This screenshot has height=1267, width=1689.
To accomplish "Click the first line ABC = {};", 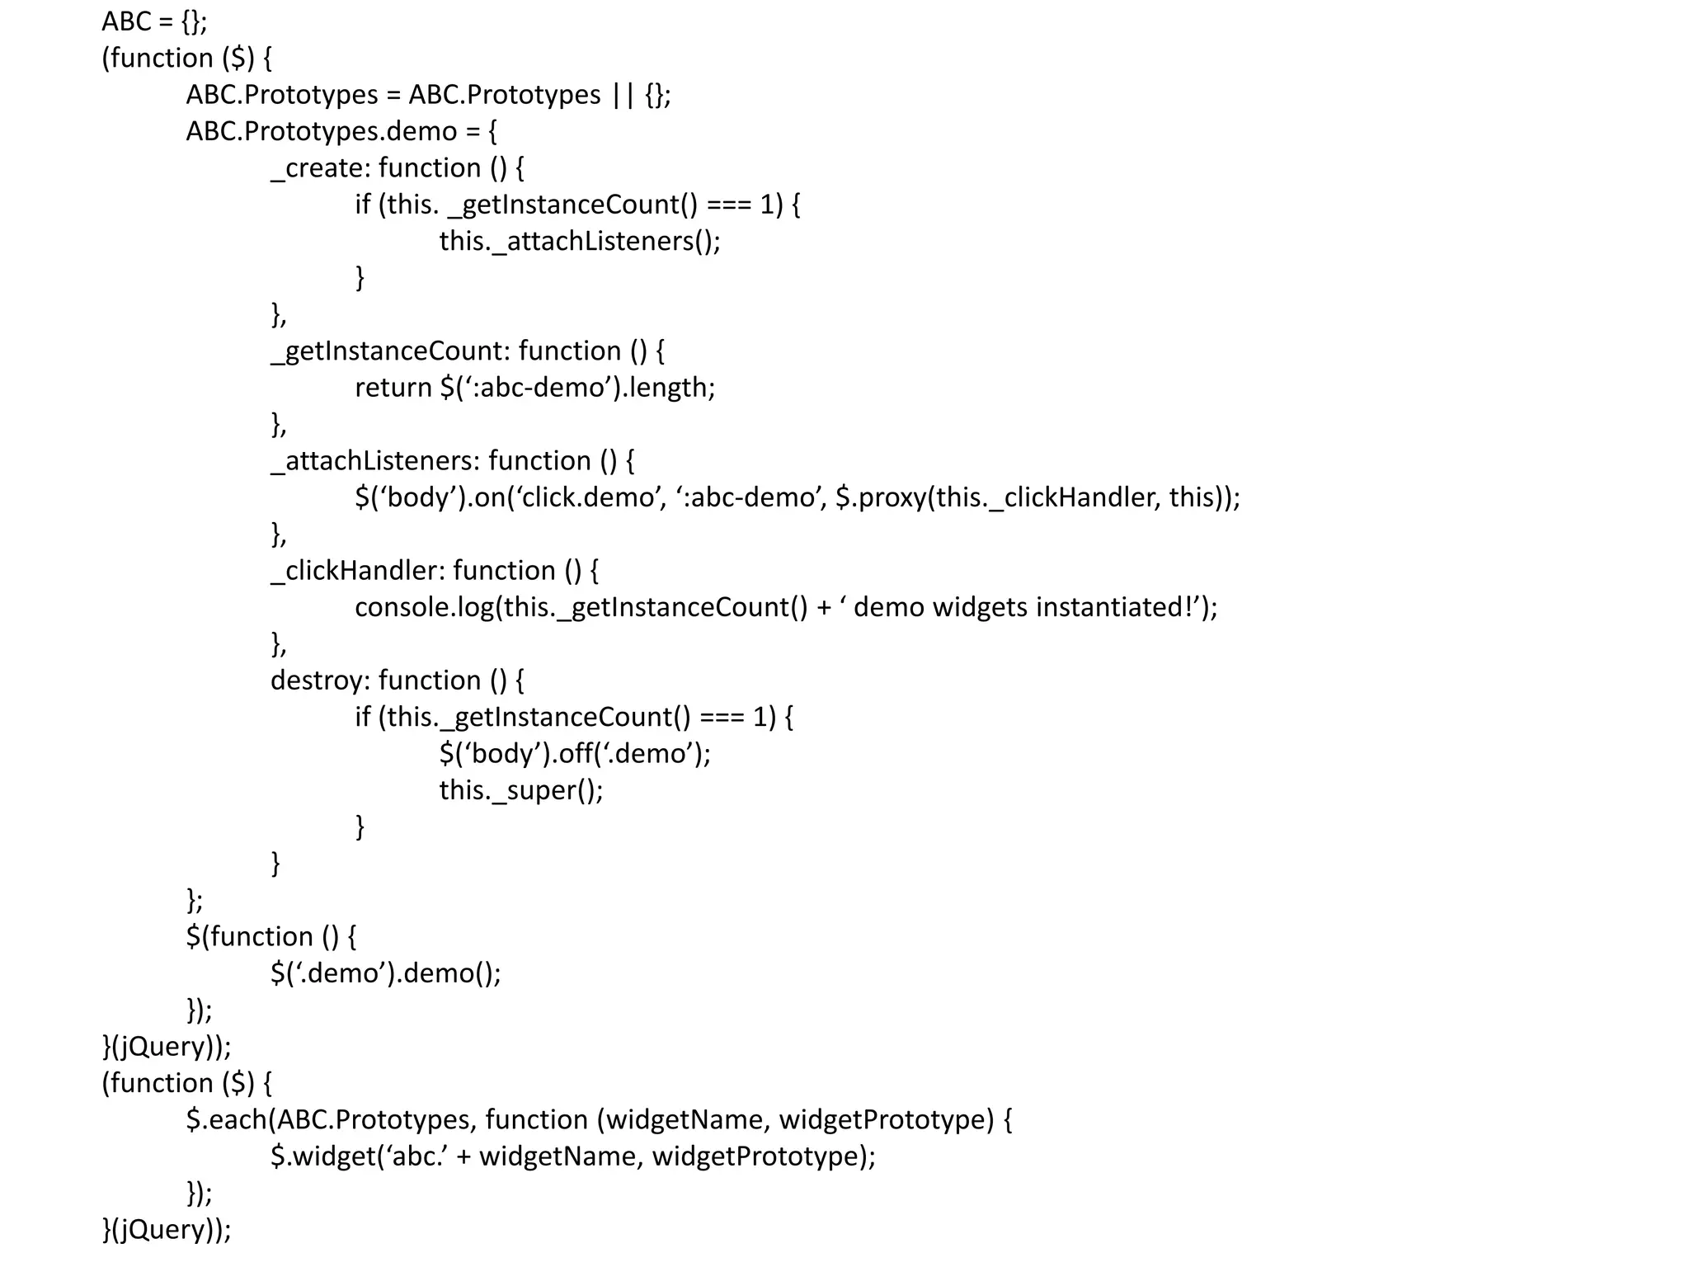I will pos(154,21).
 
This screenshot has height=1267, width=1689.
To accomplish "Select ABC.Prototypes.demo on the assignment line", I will pos(321,131).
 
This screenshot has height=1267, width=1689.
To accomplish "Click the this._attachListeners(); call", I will pos(579,241).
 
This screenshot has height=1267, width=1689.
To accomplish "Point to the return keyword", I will pos(393,388).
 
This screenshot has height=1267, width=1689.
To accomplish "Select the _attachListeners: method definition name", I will pos(374,460).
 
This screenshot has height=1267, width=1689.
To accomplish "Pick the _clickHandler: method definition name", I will pos(357,571).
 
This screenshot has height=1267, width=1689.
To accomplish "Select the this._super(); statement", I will pos(520,790).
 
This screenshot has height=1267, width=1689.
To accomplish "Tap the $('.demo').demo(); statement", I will pos(385,973).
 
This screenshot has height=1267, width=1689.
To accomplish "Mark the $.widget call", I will pos(322,1156).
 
